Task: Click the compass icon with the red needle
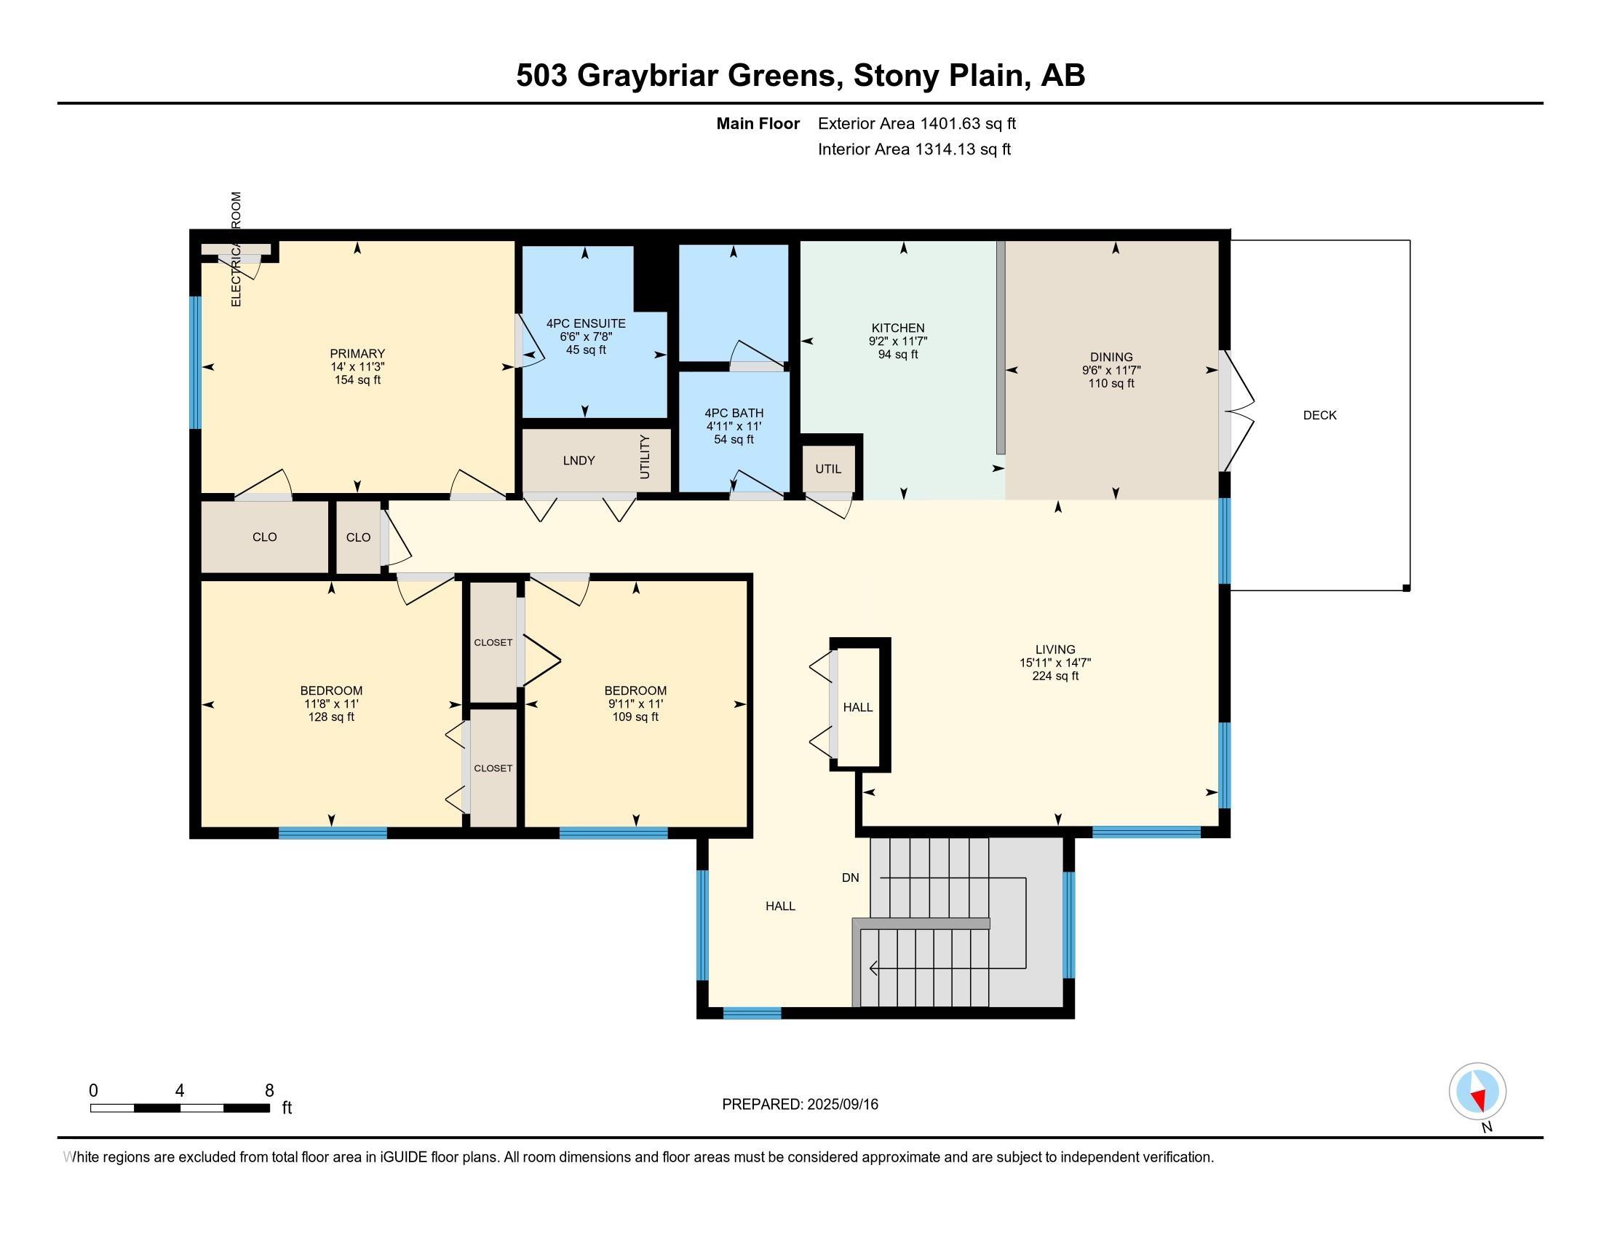tap(1477, 1091)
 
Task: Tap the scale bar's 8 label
tap(269, 1090)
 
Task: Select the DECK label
tap(1319, 415)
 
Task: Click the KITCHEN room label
tap(898, 328)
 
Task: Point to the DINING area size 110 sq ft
tap(1111, 384)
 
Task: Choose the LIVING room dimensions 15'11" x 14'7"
tap(1055, 663)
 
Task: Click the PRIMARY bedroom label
tap(357, 353)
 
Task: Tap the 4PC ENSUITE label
tap(586, 323)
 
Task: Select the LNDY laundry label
tap(579, 460)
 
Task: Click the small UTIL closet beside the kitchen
tap(828, 469)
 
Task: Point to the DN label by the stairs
tap(850, 878)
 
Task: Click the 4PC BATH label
tap(734, 414)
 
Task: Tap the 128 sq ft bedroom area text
tap(331, 717)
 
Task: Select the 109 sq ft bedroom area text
tap(635, 717)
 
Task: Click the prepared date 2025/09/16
tap(841, 1105)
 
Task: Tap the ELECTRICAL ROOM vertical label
tap(236, 249)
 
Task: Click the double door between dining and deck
tap(1236, 411)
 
